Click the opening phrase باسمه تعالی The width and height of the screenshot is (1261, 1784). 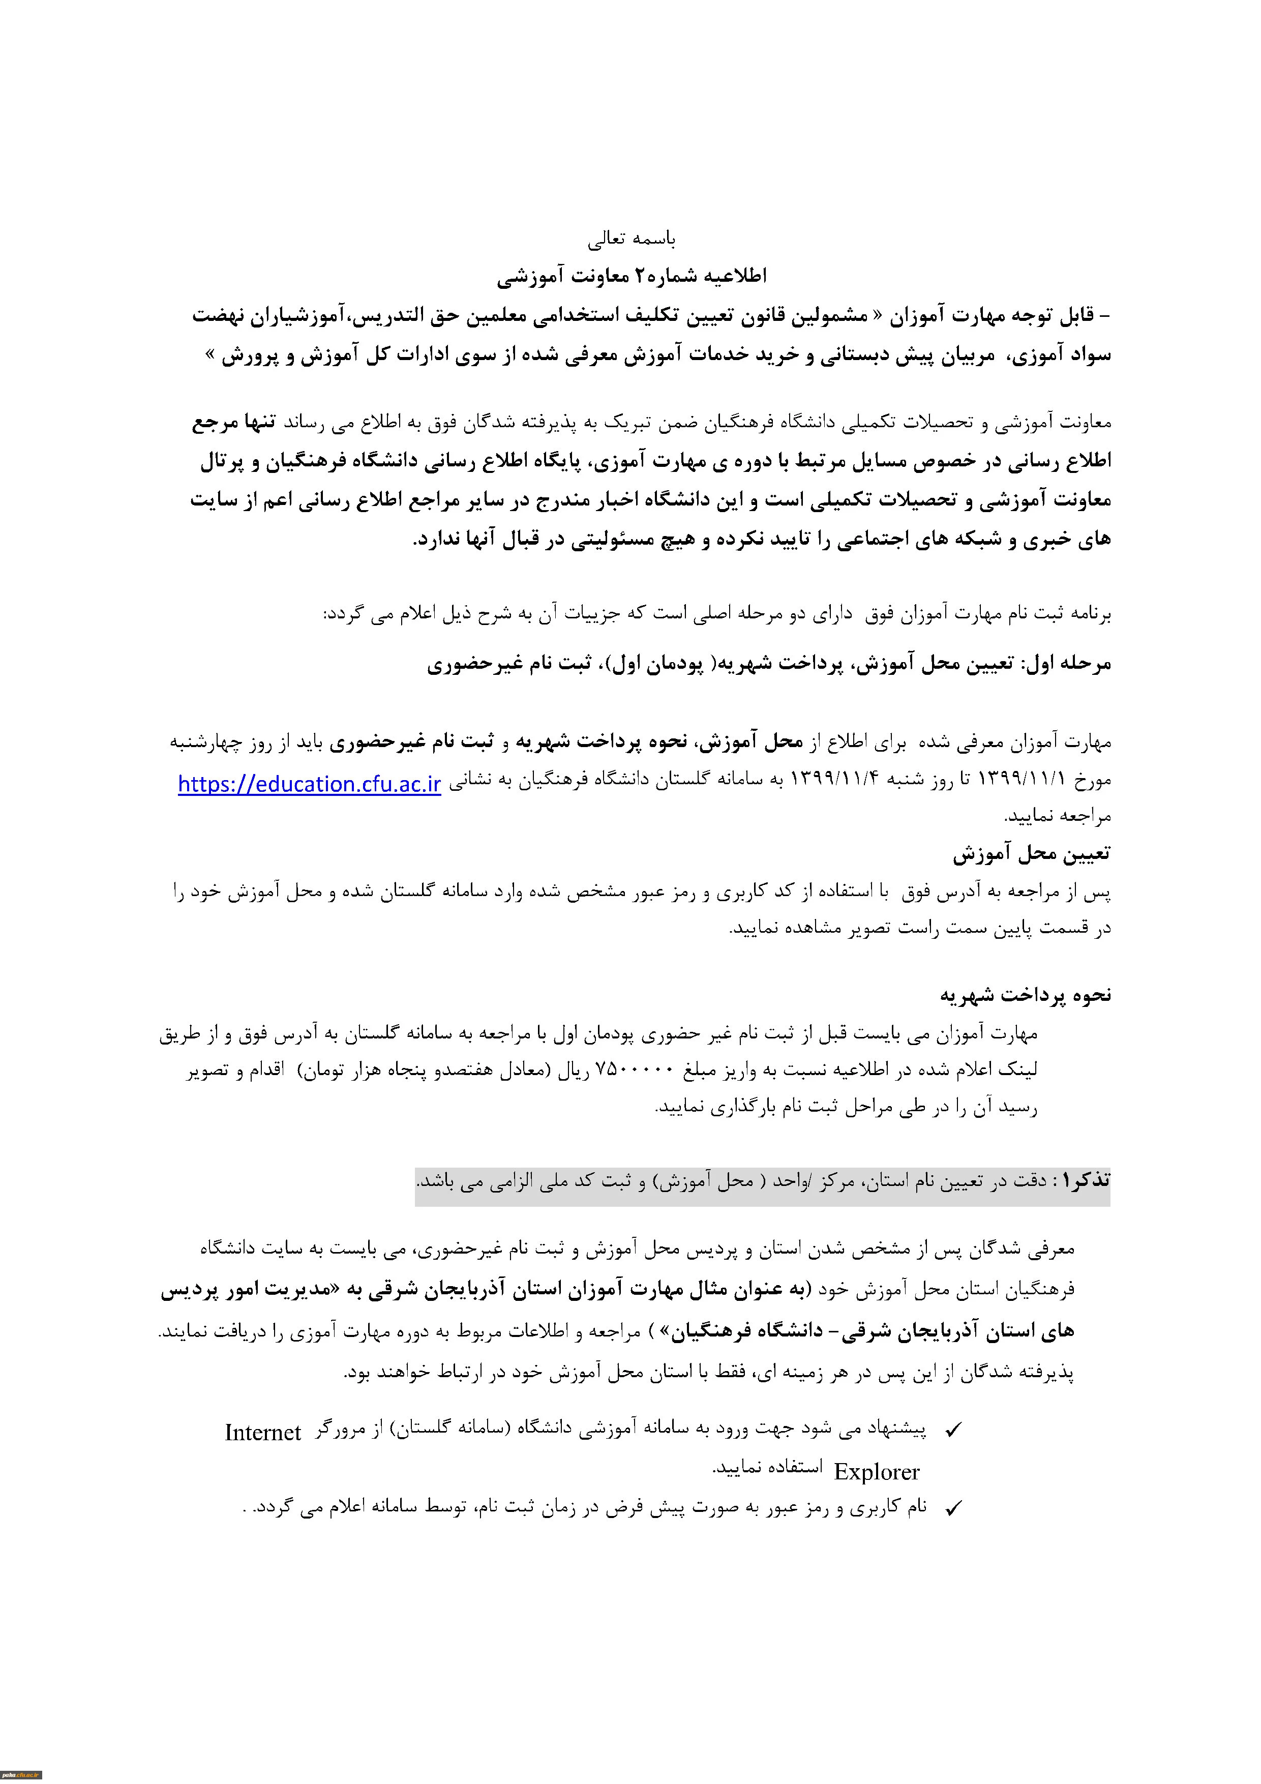(631, 239)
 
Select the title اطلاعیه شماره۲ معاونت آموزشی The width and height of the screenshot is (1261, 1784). (631, 276)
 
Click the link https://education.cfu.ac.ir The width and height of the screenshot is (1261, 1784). (309, 784)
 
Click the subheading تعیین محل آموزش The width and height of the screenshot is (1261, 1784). (1031, 854)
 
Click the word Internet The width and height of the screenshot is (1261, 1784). (262, 1433)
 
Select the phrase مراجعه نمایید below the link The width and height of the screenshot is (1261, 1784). (1058, 816)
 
